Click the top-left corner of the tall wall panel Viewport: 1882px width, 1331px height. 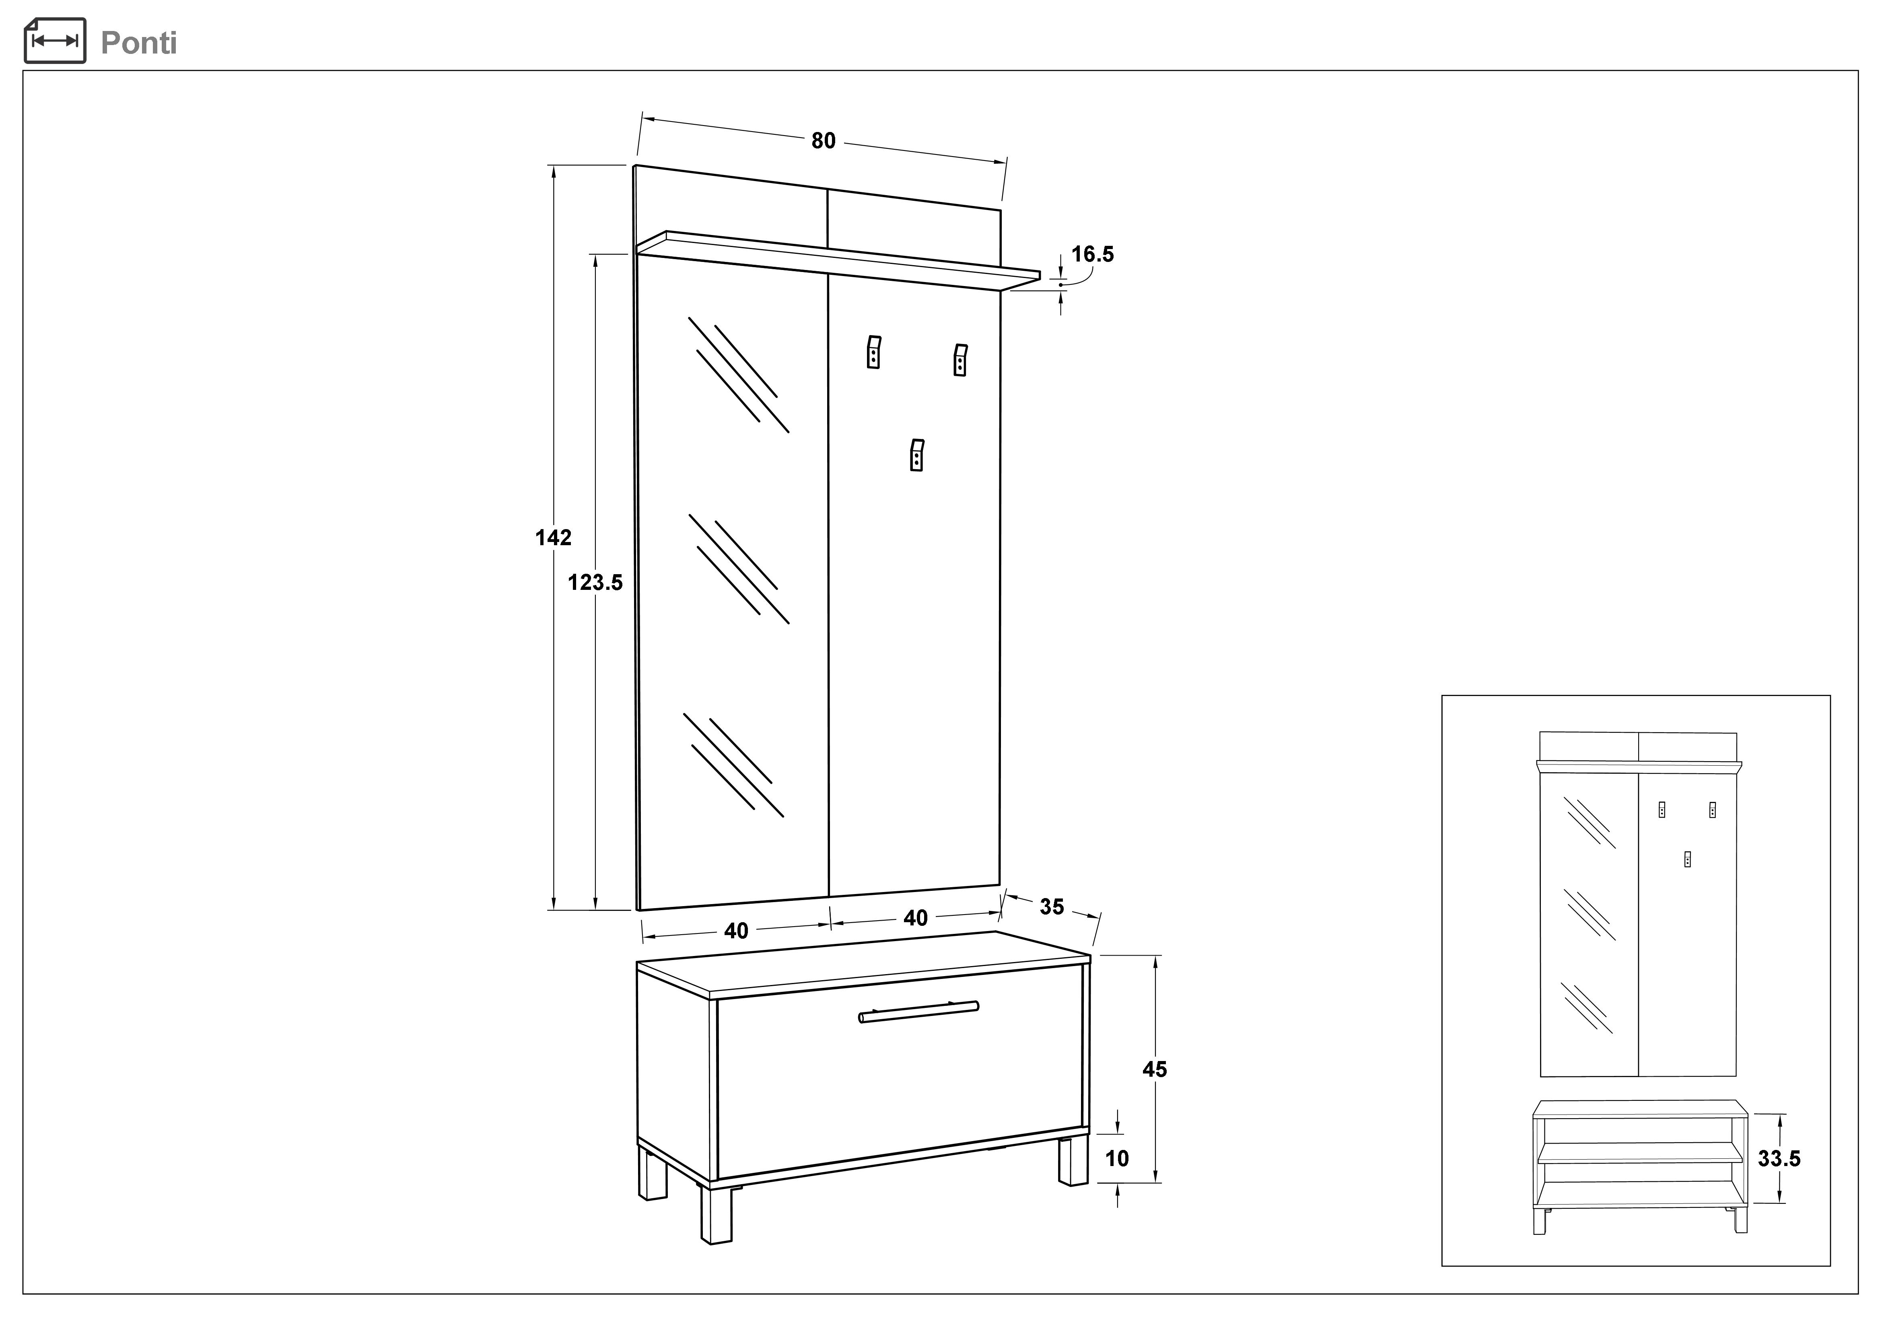634,165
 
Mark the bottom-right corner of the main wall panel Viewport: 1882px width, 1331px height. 1000,885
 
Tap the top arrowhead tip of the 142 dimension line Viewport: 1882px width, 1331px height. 554,167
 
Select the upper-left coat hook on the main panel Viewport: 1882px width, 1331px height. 874,352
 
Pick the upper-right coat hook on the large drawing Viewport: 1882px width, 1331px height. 961,360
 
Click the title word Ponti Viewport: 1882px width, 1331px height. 138,43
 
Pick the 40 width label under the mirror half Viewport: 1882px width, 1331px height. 736,931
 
